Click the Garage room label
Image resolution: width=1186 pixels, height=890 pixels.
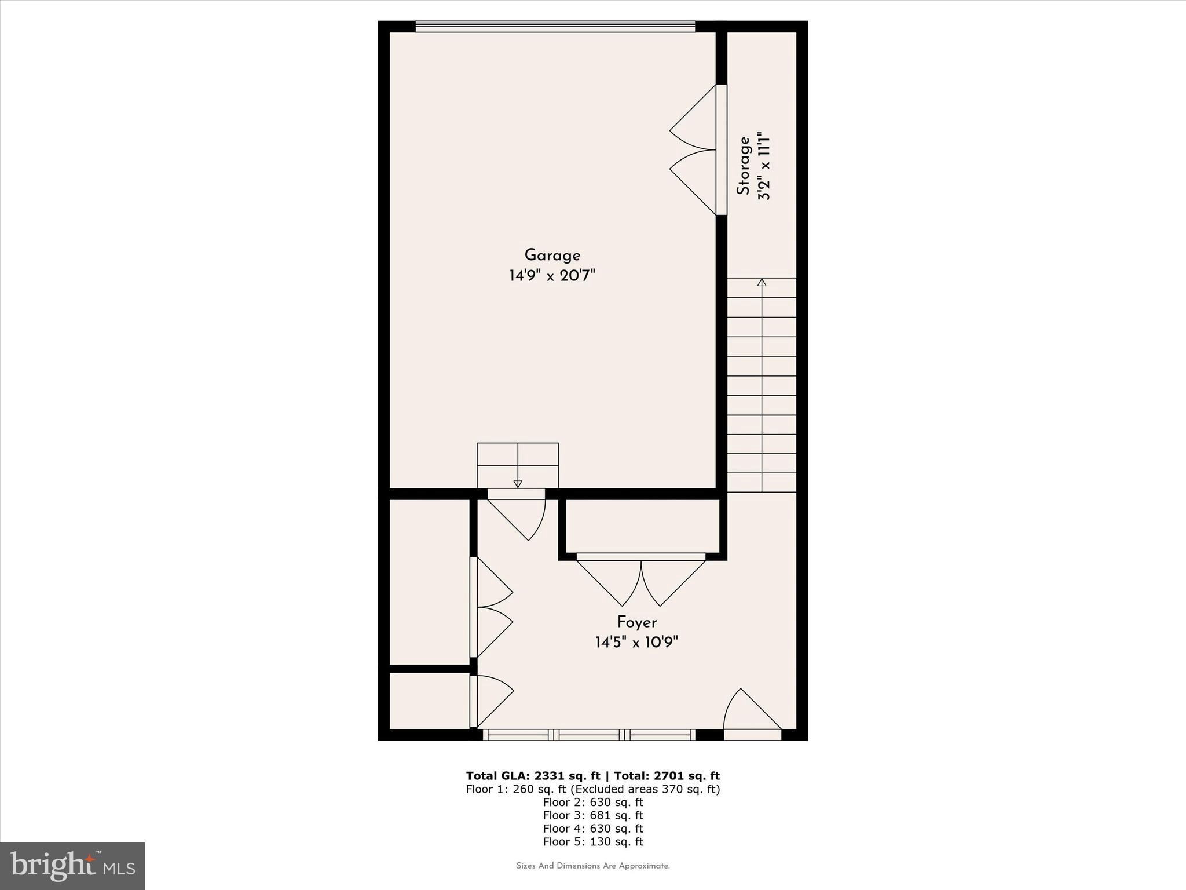click(552, 255)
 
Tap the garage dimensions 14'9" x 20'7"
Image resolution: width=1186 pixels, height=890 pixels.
click(552, 275)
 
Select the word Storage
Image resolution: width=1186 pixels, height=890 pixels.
click(744, 165)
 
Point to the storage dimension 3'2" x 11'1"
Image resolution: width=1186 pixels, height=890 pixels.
click(764, 167)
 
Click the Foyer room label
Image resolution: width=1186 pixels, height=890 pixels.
click(636, 622)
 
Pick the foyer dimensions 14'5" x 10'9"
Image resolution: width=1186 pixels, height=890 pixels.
click(636, 642)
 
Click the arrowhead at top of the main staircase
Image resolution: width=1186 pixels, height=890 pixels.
click(762, 283)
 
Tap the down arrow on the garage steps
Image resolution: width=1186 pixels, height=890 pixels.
click(518, 483)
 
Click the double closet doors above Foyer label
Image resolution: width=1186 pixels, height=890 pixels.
click(641, 579)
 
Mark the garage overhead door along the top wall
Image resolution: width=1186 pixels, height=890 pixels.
click(555, 27)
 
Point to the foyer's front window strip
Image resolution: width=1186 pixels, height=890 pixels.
click(589, 735)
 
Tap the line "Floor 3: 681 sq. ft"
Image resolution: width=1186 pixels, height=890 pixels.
click(593, 815)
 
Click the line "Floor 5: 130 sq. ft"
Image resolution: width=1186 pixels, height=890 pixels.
click(593, 842)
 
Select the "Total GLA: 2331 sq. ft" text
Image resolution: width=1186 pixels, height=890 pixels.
click(533, 776)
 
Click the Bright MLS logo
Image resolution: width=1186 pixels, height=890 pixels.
click(72, 866)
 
